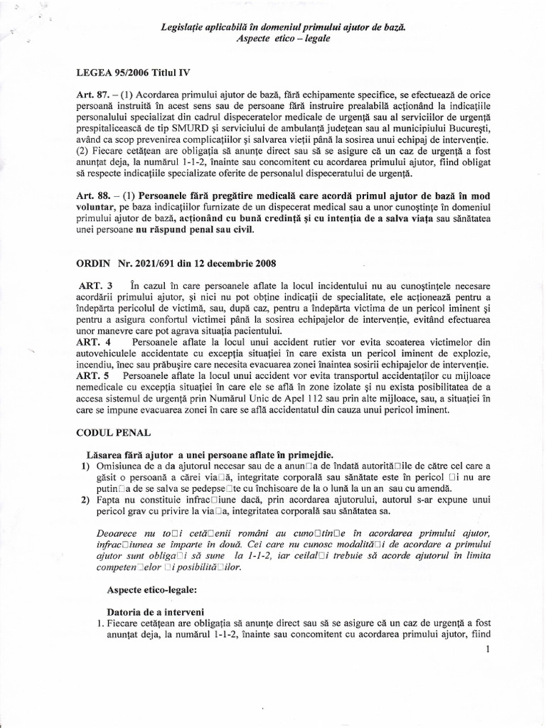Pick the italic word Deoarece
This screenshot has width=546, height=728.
119,532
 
